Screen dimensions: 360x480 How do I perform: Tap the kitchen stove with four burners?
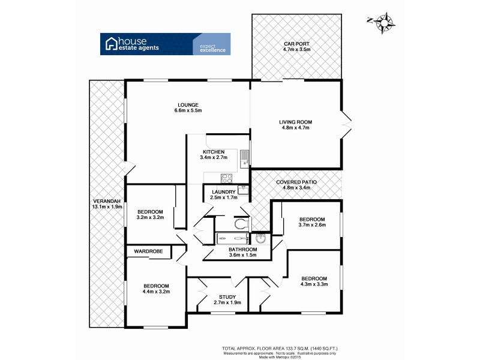pos(227,178)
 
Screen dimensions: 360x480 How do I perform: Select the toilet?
pos(240,224)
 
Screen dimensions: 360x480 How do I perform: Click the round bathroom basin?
pos(260,238)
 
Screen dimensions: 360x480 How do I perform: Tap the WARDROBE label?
pos(148,251)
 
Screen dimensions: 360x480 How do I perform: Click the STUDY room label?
pos(227,296)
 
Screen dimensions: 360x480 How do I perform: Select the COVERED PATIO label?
pos(296,182)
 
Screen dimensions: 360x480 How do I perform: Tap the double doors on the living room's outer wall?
pos(346,124)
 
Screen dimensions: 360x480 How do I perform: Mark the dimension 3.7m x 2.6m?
pos(312,226)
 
